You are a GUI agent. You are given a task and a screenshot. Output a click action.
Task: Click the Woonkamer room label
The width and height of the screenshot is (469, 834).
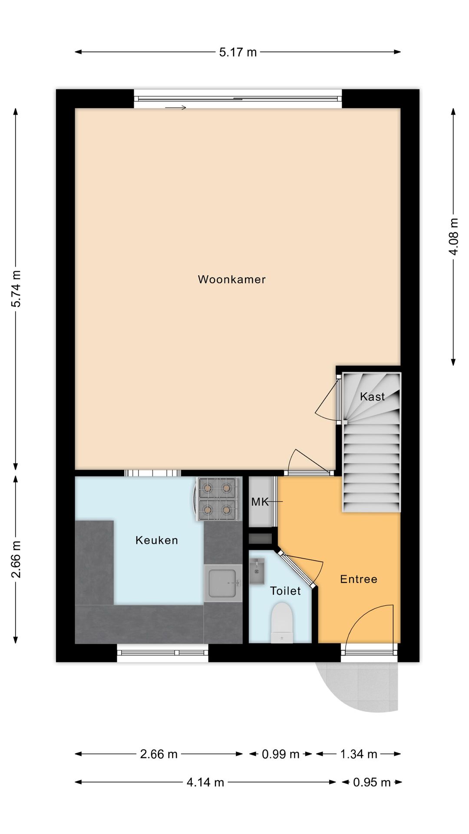(231, 279)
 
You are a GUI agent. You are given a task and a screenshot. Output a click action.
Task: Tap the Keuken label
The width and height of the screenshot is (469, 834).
(156, 540)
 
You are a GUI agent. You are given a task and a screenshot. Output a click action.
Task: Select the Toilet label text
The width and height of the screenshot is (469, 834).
(285, 591)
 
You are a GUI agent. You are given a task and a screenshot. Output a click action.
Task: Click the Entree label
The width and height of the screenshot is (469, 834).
(358, 579)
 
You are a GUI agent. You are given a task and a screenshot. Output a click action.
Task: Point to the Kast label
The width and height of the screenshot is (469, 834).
(372, 397)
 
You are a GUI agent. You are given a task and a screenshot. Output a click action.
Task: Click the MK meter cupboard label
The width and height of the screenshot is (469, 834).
(260, 502)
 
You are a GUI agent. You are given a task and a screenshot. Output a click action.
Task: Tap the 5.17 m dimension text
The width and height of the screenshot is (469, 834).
(238, 53)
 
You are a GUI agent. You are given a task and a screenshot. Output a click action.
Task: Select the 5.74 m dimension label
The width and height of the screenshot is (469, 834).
(16, 289)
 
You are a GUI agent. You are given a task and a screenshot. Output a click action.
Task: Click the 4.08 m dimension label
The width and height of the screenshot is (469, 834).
(453, 237)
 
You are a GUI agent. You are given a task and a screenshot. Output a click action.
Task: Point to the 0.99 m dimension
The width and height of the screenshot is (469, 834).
(281, 754)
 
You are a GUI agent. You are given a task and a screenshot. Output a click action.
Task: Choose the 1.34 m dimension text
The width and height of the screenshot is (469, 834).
(358, 754)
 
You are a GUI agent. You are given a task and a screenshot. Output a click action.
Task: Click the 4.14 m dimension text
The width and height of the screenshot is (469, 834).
(205, 782)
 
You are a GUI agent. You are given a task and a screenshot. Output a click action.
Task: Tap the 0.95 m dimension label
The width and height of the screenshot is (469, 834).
(372, 782)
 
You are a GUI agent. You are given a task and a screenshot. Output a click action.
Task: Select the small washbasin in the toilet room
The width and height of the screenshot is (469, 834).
(257, 571)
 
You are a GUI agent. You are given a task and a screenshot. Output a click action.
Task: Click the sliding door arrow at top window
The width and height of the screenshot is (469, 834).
(175, 107)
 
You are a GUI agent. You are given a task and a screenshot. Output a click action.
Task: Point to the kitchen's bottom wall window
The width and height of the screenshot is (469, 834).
(162, 652)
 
